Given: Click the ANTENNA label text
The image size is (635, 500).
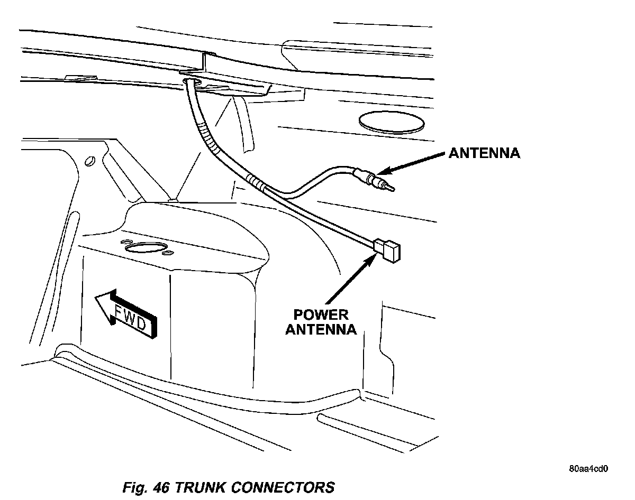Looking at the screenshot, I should [484, 153].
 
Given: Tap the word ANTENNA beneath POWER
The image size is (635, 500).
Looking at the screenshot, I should [320, 330].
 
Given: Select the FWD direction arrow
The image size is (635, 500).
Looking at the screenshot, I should [127, 314].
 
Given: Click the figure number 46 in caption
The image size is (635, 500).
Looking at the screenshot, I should [160, 487].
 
